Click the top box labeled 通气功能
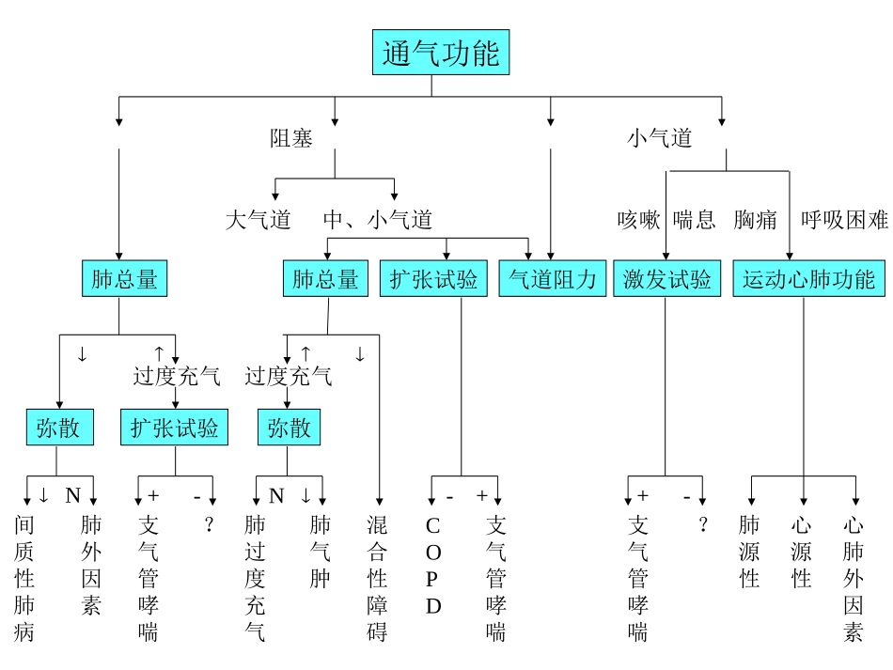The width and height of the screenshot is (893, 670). tap(440, 54)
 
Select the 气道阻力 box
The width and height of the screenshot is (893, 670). tap(553, 279)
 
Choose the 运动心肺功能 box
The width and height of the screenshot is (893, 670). tap(808, 279)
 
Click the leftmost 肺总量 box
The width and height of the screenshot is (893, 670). tap(124, 279)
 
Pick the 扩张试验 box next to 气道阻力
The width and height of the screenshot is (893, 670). tap(433, 279)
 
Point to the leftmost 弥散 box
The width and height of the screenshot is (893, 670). tap(58, 428)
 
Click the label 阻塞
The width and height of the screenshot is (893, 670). tap(291, 138)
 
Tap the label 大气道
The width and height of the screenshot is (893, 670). tap(258, 220)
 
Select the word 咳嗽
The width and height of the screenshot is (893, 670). tap(638, 220)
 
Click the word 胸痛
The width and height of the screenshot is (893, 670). tap(756, 220)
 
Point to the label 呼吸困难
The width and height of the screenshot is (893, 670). tap(843, 220)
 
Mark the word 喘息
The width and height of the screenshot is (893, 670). tap(695, 220)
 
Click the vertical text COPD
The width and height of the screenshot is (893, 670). tap(433, 566)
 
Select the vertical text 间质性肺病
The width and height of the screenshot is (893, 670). tap(24, 578)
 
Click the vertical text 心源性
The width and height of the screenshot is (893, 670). tap(801, 552)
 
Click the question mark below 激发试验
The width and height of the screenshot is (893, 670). tap(702, 525)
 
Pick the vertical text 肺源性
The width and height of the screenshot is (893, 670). tap(749, 552)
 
